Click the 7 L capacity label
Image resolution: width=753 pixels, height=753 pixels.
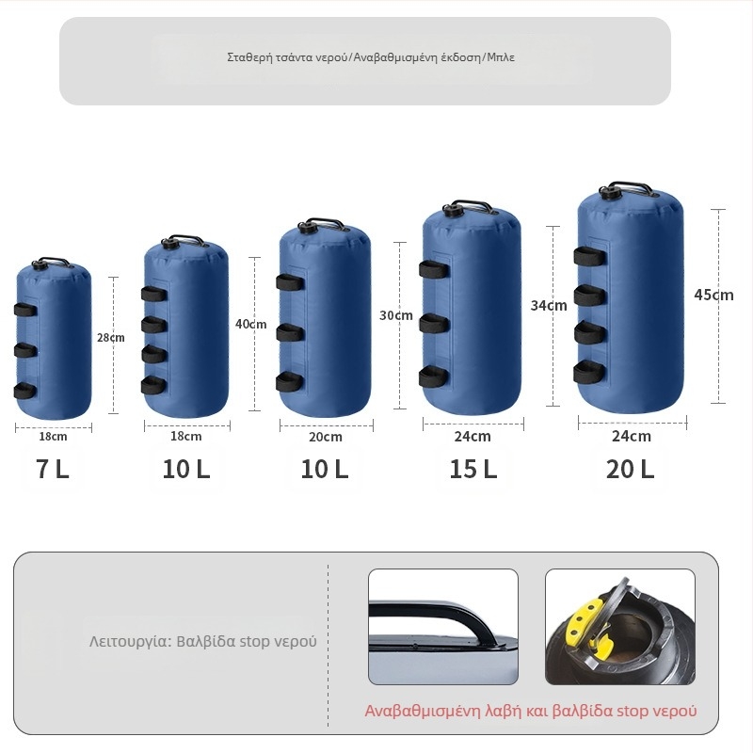pos(53,469)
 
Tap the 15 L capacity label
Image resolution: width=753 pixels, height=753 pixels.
pos(473,469)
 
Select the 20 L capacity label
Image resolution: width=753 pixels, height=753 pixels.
pos(630,469)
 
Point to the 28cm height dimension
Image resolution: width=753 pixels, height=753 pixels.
pos(111,338)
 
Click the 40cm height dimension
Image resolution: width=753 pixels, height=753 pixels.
pos(250,324)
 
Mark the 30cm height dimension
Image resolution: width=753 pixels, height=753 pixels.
pos(396,315)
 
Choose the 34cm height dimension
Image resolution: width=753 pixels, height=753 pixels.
pos(549,305)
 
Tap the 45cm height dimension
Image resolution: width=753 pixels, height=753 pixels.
pos(713,295)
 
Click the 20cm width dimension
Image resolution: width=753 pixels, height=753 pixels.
pos(326,437)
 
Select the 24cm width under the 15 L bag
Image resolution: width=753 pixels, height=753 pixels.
pos(473,436)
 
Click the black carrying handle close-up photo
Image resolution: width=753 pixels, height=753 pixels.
pos(443,627)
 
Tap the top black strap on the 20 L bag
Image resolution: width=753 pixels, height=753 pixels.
pos(590,256)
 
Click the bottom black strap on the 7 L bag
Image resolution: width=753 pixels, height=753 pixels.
pos(25,391)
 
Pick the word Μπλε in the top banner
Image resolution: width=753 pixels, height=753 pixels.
pos(501,57)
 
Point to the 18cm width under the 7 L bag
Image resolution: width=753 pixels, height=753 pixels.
pos(53,437)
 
